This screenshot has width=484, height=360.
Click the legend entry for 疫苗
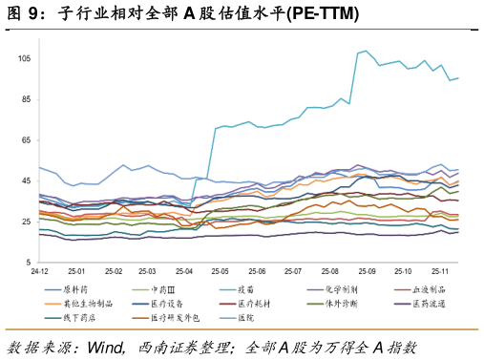click(x=237, y=289)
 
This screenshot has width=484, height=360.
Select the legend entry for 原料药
click(x=66, y=289)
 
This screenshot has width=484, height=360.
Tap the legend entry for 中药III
click(x=154, y=289)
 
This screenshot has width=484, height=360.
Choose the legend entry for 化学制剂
click(x=332, y=289)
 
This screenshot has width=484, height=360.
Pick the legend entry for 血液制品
click(x=420, y=289)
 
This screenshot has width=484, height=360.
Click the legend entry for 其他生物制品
click(x=78, y=304)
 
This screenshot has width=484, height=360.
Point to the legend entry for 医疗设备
click(x=158, y=304)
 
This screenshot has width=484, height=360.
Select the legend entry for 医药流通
click(x=420, y=304)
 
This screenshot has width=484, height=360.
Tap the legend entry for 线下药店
click(x=70, y=318)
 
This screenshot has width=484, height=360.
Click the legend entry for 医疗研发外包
click(x=166, y=318)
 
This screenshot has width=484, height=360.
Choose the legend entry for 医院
click(x=237, y=318)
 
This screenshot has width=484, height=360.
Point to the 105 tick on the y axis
click(x=24, y=58)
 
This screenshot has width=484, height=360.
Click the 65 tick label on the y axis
click(x=27, y=140)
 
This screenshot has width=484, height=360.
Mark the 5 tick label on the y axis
click(x=29, y=263)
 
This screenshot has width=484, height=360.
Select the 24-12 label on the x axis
click(x=39, y=271)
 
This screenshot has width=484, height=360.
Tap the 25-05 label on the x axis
click(x=220, y=271)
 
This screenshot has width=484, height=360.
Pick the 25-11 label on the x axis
click(x=440, y=271)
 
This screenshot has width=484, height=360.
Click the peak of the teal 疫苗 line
click(x=366, y=51)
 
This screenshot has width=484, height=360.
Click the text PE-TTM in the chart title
click(x=323, y=13)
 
